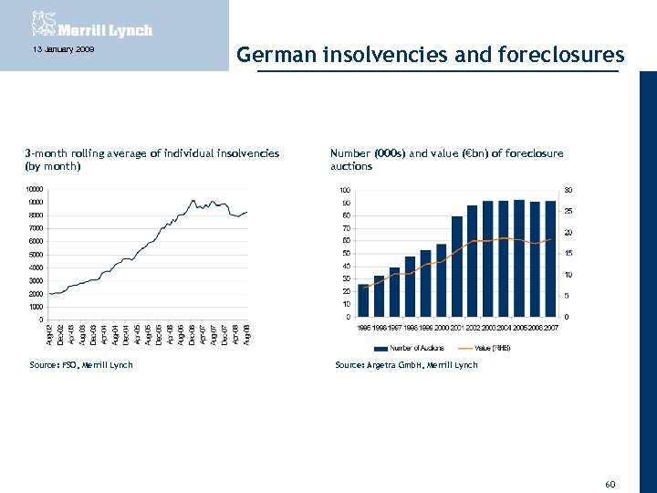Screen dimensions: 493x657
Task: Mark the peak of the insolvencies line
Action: coord(193,200)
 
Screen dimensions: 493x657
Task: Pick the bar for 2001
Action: coord(457,266)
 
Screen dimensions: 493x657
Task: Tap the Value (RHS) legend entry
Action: coord(490,348)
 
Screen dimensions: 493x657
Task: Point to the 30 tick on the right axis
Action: coord(569,190)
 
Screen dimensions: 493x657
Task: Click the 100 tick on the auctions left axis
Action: coord(345,190)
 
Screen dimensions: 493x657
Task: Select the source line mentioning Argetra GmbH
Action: coord(406,365)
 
